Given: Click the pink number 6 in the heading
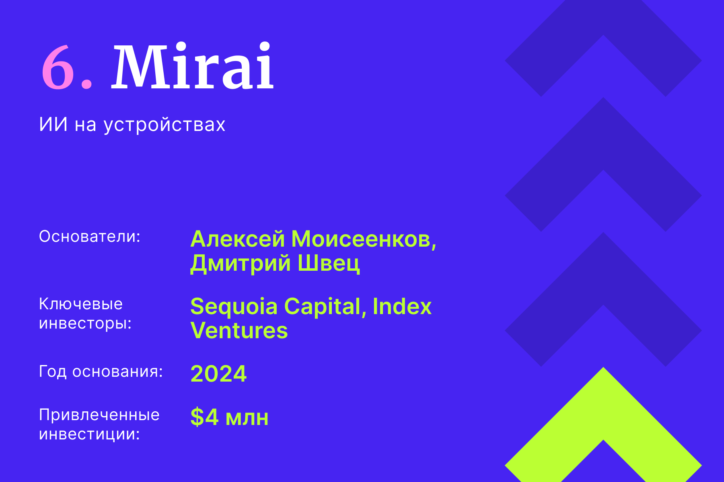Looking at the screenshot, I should (58, 67).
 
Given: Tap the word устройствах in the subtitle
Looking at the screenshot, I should (165, 125).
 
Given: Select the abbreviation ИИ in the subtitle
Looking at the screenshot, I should (53, 125).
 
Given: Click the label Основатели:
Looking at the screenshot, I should (89, 237).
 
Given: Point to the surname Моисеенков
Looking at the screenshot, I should (363, 239).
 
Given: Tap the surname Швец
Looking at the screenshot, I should (329, 263).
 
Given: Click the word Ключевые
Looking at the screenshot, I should (80, 304).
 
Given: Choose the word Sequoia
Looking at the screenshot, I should (234, 307).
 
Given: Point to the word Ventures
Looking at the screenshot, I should (239, 331).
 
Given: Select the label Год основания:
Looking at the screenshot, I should (101, 372).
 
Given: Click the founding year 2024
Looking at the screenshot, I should (218, 374).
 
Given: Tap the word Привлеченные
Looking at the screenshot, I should (99, 415).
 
